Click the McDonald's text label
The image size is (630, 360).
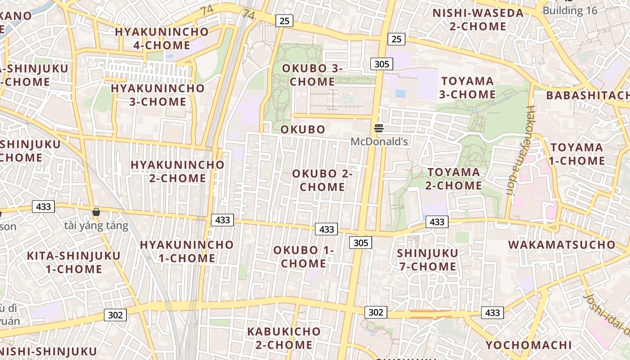[x=379, y=142]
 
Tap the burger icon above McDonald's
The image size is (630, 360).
[x=379, y=129]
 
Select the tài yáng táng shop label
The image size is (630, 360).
[x=96, y=225]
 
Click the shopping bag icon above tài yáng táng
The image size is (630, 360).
[x=96, y=212]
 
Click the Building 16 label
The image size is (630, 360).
[x=570, y=10]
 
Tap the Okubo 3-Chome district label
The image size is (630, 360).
[x=312, y=75]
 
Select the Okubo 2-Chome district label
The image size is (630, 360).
[x=322, y=180]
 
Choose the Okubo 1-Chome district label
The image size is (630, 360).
[x=303, y=256]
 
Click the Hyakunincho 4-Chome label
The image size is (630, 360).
[x=162, y=38]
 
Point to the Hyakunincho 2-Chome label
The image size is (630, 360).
[x=177, y=171]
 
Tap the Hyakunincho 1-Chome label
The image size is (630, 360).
[x=187, y=252]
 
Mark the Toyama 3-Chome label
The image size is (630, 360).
[x=468, y=88]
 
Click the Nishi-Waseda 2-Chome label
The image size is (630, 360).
[x=478, y=19]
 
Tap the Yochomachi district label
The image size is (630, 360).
[x=528, y=346]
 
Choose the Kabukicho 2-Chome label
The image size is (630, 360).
[x=284, y=338]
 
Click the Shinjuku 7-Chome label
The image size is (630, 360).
[x=427, y=260]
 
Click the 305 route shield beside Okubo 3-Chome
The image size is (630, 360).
[x=382, y=64]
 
